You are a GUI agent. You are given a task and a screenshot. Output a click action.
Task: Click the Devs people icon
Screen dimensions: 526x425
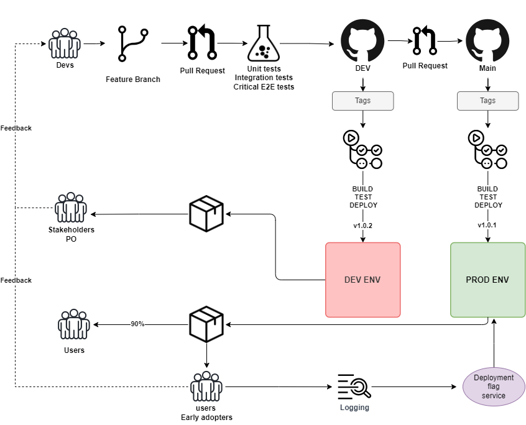pyautogui.click(x=65, y=43)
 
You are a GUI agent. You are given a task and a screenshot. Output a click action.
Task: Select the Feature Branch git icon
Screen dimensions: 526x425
pyautogui.click(x=133, y=44)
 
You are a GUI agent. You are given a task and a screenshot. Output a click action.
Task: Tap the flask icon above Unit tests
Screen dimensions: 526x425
pyautogui.click(x=264, y=43)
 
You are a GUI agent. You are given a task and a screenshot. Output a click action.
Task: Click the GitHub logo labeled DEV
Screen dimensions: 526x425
pyautogui.click(x=362, y=40)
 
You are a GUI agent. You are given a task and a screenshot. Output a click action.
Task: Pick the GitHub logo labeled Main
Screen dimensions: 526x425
pyautogui.click(x=487, y=40)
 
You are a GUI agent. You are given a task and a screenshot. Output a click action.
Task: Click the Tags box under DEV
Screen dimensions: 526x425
pyautogui.click(x=362, y=101)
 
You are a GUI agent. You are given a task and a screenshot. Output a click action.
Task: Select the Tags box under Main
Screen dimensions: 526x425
pyautogui.click(x=487, y=101)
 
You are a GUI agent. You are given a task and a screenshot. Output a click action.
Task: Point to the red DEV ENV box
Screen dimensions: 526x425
pyautogui.click(x=363, y=280)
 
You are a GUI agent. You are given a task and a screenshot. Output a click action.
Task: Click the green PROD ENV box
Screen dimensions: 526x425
pyautogui.click(x=487, y=280)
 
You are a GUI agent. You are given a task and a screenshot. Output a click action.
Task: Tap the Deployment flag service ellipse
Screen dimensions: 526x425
pyautogui.click(x=494, y=387)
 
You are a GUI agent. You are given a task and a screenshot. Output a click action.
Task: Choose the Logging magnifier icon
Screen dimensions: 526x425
pyautogui.click(x=354, y=387)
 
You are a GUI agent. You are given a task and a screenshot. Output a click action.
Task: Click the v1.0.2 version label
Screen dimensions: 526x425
pyautogui.click(x=362, y=226)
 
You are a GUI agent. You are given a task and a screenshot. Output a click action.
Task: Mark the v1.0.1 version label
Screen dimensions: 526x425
pyautogui.click(x=487, y=225)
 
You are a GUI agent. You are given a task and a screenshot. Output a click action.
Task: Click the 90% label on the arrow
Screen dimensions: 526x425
pyautogui.click(x=137, y=324)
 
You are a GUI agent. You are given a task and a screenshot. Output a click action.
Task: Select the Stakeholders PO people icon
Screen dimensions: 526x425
pyautogui.click(x=71, y=207)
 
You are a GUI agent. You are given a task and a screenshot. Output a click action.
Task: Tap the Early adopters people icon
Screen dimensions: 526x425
pyautogui.click(x=206, y=386)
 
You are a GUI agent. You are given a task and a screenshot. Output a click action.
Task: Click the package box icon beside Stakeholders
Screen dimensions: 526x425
pyautogui.click(x=206, y=214)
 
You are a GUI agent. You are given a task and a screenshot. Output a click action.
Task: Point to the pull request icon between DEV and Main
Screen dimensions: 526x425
pyautogui.click(x=425, y=40)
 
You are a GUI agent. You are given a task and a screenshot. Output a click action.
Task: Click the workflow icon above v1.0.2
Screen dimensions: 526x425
pyautogui.click(x=362, y=150)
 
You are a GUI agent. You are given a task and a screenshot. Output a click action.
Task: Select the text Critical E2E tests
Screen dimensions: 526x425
pyautogui.click(x=264, y=87)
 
